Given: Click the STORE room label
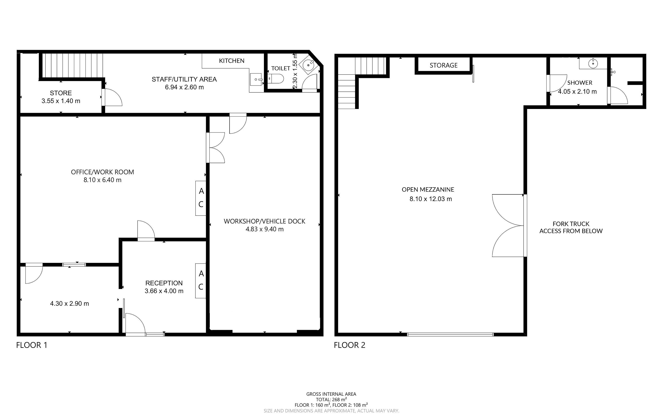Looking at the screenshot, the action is tap(61, 93).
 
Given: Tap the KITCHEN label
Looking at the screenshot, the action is tap(232, 61).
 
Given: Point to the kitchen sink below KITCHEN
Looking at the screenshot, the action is tap(257, 79).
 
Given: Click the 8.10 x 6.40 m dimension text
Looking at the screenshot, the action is tap(102, 180).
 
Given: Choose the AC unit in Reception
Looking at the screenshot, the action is tap(201, 281).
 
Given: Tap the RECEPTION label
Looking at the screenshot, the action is tap(164, 283).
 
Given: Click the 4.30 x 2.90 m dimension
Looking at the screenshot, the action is tap(70, 303).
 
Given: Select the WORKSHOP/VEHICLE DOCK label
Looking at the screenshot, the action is tap(264, 221).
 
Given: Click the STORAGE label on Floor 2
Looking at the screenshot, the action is tap(444, 65).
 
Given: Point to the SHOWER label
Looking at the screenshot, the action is tap(580, 83).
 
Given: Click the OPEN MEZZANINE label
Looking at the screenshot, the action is tap(428, 189).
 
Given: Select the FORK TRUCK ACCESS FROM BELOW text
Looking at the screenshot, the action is tap(571, 228).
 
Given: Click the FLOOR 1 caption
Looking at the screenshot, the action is tap(32, 345).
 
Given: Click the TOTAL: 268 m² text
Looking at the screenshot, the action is tap(331, 399).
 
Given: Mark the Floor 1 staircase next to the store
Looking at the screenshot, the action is tap(72, 66).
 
